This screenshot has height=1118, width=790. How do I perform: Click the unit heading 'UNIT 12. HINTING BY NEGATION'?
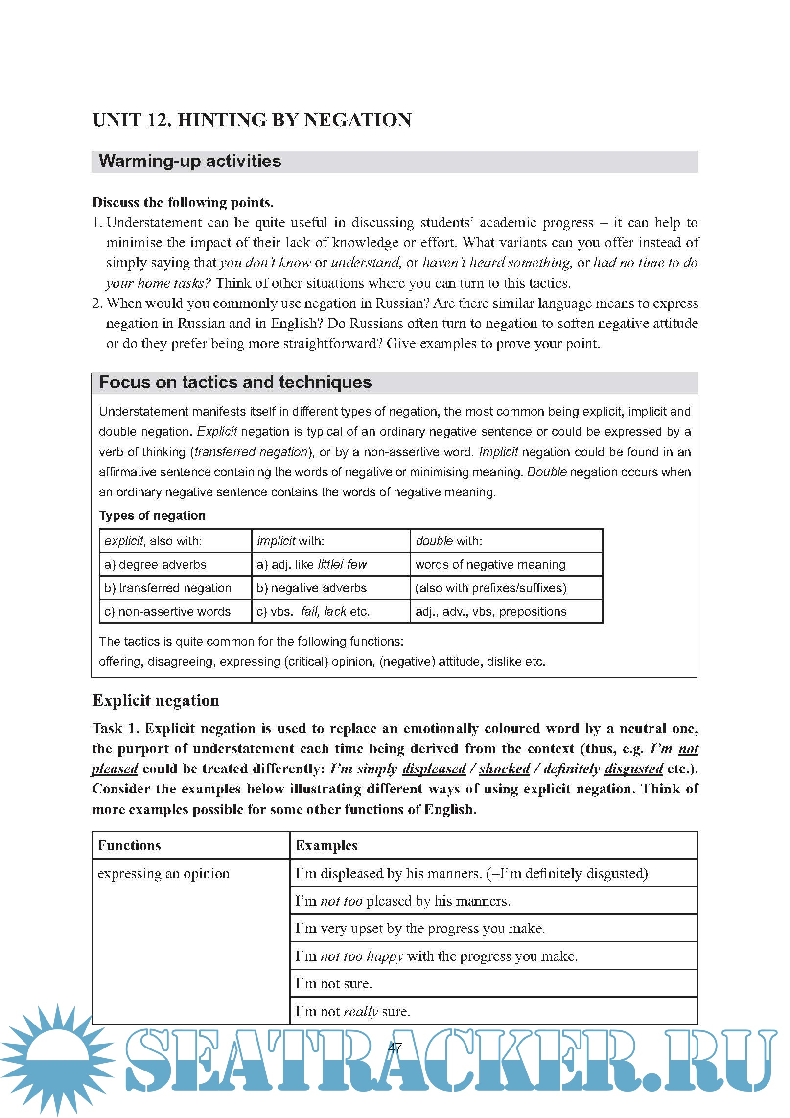point(252,120)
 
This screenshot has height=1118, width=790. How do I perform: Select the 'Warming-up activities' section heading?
point(190,161)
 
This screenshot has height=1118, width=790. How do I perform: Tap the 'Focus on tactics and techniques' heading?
point(235,382)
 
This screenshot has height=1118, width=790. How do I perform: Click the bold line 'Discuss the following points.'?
point(183,202)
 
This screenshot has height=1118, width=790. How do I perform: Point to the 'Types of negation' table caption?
point(152,515)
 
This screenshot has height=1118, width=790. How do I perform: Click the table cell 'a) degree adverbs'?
point(155,564)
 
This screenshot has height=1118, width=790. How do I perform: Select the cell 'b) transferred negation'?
point(167,588)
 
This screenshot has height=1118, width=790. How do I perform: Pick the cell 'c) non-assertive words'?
point(167,611)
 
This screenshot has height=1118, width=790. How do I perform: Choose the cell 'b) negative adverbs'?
point(311,588)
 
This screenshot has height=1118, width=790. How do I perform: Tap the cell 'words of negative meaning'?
point(490,564)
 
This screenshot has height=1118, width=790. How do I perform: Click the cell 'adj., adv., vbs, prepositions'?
point(490,611)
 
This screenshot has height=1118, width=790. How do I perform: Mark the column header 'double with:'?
point(449,541)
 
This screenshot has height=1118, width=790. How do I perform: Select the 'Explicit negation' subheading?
point(156,700)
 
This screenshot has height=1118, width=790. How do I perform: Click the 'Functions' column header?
point(129,845)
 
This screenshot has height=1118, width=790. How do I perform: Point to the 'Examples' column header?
point(326,845)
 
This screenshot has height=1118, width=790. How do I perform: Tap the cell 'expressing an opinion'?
point(163,873)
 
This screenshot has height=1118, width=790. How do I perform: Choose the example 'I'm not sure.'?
point(333,983)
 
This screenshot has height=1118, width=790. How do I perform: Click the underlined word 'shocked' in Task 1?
point(504,769)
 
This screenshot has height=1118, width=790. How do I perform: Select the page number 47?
point(395,1048)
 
